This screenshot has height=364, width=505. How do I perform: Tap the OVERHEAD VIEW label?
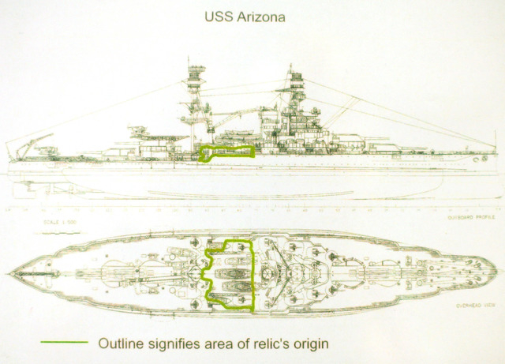click(475, 304)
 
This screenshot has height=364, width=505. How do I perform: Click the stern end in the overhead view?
click(9, 272)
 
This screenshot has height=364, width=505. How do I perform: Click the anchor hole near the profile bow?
click(474, 158)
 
